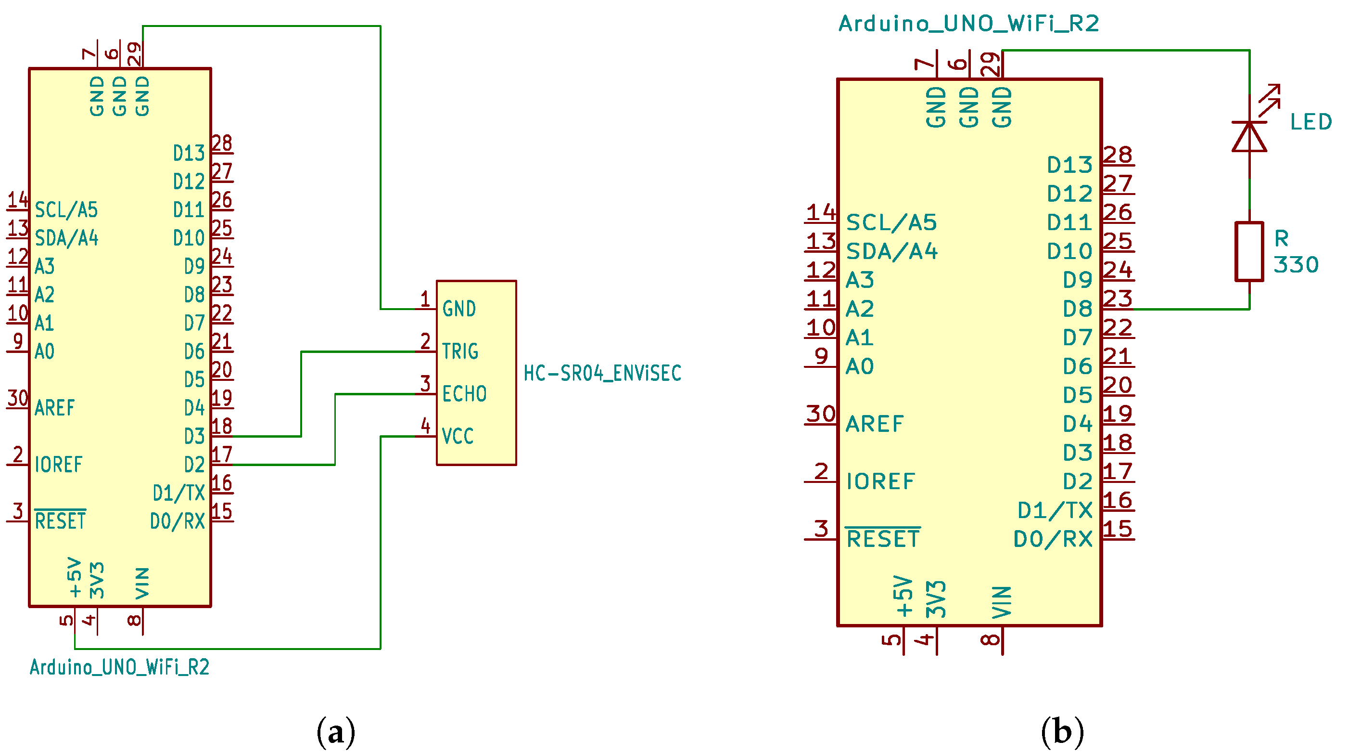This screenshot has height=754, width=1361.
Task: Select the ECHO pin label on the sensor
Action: pos(464,394)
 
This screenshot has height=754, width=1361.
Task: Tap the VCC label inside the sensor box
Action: pos(458,436)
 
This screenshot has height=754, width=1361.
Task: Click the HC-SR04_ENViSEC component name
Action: pos(602,373)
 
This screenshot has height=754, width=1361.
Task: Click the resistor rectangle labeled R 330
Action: pos(1249,252)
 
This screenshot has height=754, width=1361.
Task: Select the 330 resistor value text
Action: pos(1296,265)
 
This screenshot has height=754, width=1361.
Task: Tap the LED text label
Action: pos(1311,122)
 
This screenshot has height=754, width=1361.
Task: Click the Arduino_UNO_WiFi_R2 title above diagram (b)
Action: pos(968,24)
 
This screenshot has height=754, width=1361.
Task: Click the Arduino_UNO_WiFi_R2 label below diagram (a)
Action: pos(119,667)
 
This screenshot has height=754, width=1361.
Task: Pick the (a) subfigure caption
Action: pos(336,732)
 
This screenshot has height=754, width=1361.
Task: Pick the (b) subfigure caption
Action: pos(1062,732)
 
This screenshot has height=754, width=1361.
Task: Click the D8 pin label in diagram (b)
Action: pos(1077,309)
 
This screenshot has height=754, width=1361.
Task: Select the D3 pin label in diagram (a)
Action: pos(194,437)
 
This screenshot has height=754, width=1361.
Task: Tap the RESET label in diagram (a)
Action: pos(60,521)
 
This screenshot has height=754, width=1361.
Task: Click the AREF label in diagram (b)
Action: pos(875,424)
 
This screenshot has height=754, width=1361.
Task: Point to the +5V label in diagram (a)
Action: pos(75,577)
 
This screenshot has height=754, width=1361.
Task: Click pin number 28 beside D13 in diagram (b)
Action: pos(1118,155)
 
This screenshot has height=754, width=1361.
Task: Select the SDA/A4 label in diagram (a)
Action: pos(66,238)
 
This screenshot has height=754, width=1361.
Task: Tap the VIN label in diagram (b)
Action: pos(1002,602)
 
